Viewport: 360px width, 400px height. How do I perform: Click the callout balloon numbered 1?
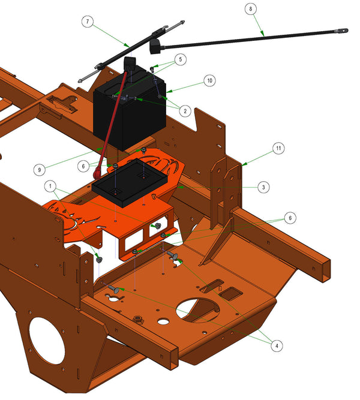pos(50,187)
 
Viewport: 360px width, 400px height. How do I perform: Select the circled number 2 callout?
pos(185,111)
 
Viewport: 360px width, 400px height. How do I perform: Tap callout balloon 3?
pos(263,187)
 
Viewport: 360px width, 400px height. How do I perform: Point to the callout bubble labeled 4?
pos(277,346)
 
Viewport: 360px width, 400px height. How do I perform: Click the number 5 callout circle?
pos(181,59)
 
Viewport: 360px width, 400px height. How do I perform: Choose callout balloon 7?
pos(88,22)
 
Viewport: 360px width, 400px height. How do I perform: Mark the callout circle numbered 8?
pos(250,9)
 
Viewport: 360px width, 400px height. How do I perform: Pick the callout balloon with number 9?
pos(40,170)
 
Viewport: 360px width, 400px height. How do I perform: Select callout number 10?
pos(209,80)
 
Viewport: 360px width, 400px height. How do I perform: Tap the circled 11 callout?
pos(278,148)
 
